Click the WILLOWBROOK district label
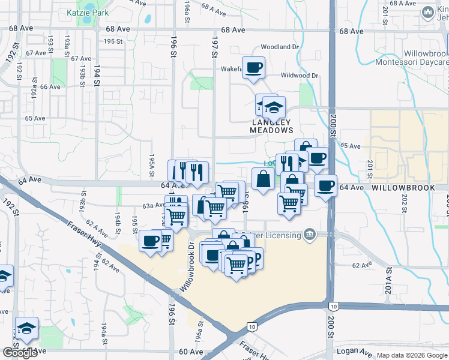tap(402, 188)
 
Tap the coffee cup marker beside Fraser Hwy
tap(151, 241)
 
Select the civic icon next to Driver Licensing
tap(310, 233)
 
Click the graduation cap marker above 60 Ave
tap(26, 328)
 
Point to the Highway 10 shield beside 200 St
tap(334, 306)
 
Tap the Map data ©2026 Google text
tap(411, 355)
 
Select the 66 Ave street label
tap(51, 86)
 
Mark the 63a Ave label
tap(153, 205)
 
